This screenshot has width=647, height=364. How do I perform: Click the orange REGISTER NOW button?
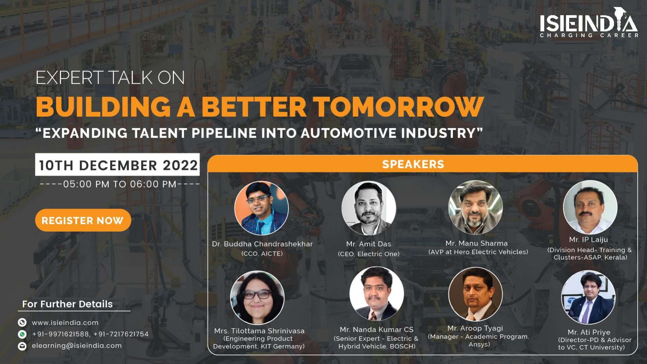(83, 220)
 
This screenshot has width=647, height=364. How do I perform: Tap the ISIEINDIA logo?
(589, 23)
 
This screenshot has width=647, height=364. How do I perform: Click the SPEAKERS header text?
(413, 164)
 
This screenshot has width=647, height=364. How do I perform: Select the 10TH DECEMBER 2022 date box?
(117, 165)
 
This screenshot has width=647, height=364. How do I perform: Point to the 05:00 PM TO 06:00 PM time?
(120, 184)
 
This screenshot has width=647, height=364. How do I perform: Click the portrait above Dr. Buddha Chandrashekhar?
(261, 208)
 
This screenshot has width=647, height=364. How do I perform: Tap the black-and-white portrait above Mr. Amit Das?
(369, 208)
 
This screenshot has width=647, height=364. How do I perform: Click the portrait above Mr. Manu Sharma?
(475, 207)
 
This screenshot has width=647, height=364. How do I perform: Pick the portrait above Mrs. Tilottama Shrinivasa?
(257, 298)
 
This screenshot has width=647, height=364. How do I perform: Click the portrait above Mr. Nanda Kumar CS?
(377, 294)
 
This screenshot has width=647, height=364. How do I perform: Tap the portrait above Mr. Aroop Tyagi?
(475, 294)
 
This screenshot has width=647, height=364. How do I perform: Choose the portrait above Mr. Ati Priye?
(588, 298)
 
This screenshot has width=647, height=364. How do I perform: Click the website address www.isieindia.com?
(65, 323)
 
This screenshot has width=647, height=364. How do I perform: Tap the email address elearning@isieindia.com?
(77, 346)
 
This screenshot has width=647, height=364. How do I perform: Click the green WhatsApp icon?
(22, 334)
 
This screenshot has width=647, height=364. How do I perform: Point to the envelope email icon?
(22, 346)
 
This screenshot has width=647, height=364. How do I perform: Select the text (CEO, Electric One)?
(369, 254)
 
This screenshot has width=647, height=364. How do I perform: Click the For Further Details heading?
(67, 304)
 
